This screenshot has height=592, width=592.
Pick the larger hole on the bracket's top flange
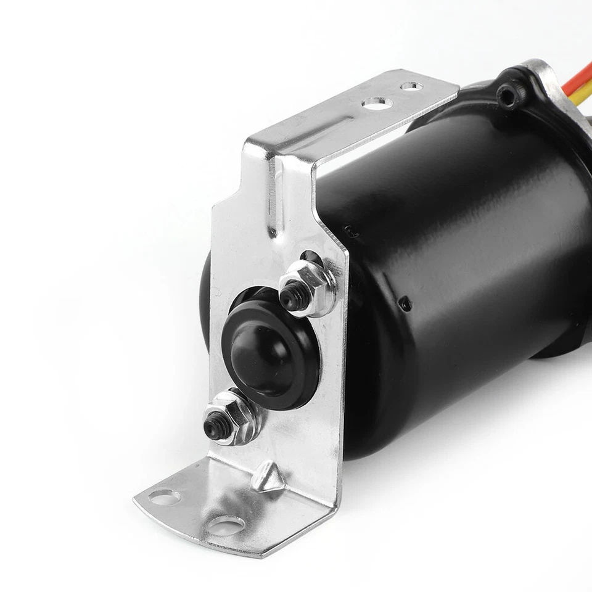tap(377, 104)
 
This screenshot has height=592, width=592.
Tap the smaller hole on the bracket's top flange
tap(411, 86)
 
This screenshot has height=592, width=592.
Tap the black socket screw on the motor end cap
tap(508, 96)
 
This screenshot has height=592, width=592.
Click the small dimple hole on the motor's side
tap(405, 303)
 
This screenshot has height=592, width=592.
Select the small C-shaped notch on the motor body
tap(350, 231)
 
